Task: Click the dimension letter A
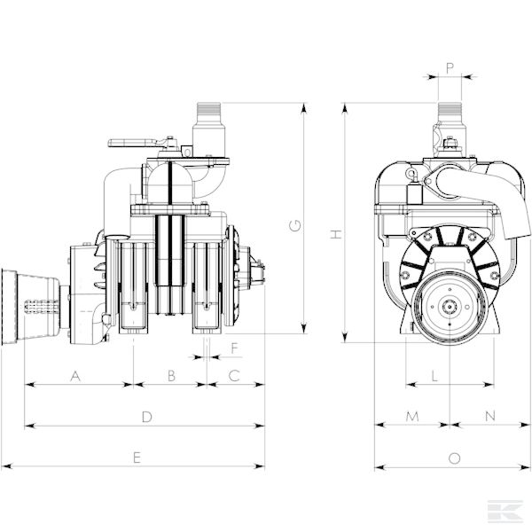(x=75, y=376)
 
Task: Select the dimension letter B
(x=171, y=376)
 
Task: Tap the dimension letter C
(x=234, y=376)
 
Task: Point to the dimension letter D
(x=146, y=417)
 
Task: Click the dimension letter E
(x=137, y=458)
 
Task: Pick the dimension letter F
(x=234, y=348)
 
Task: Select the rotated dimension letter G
(x=295, y=225)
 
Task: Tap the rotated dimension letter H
(x=336, y=234)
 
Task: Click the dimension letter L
(x=434, y=376)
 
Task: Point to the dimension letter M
(x=412, y=417)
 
